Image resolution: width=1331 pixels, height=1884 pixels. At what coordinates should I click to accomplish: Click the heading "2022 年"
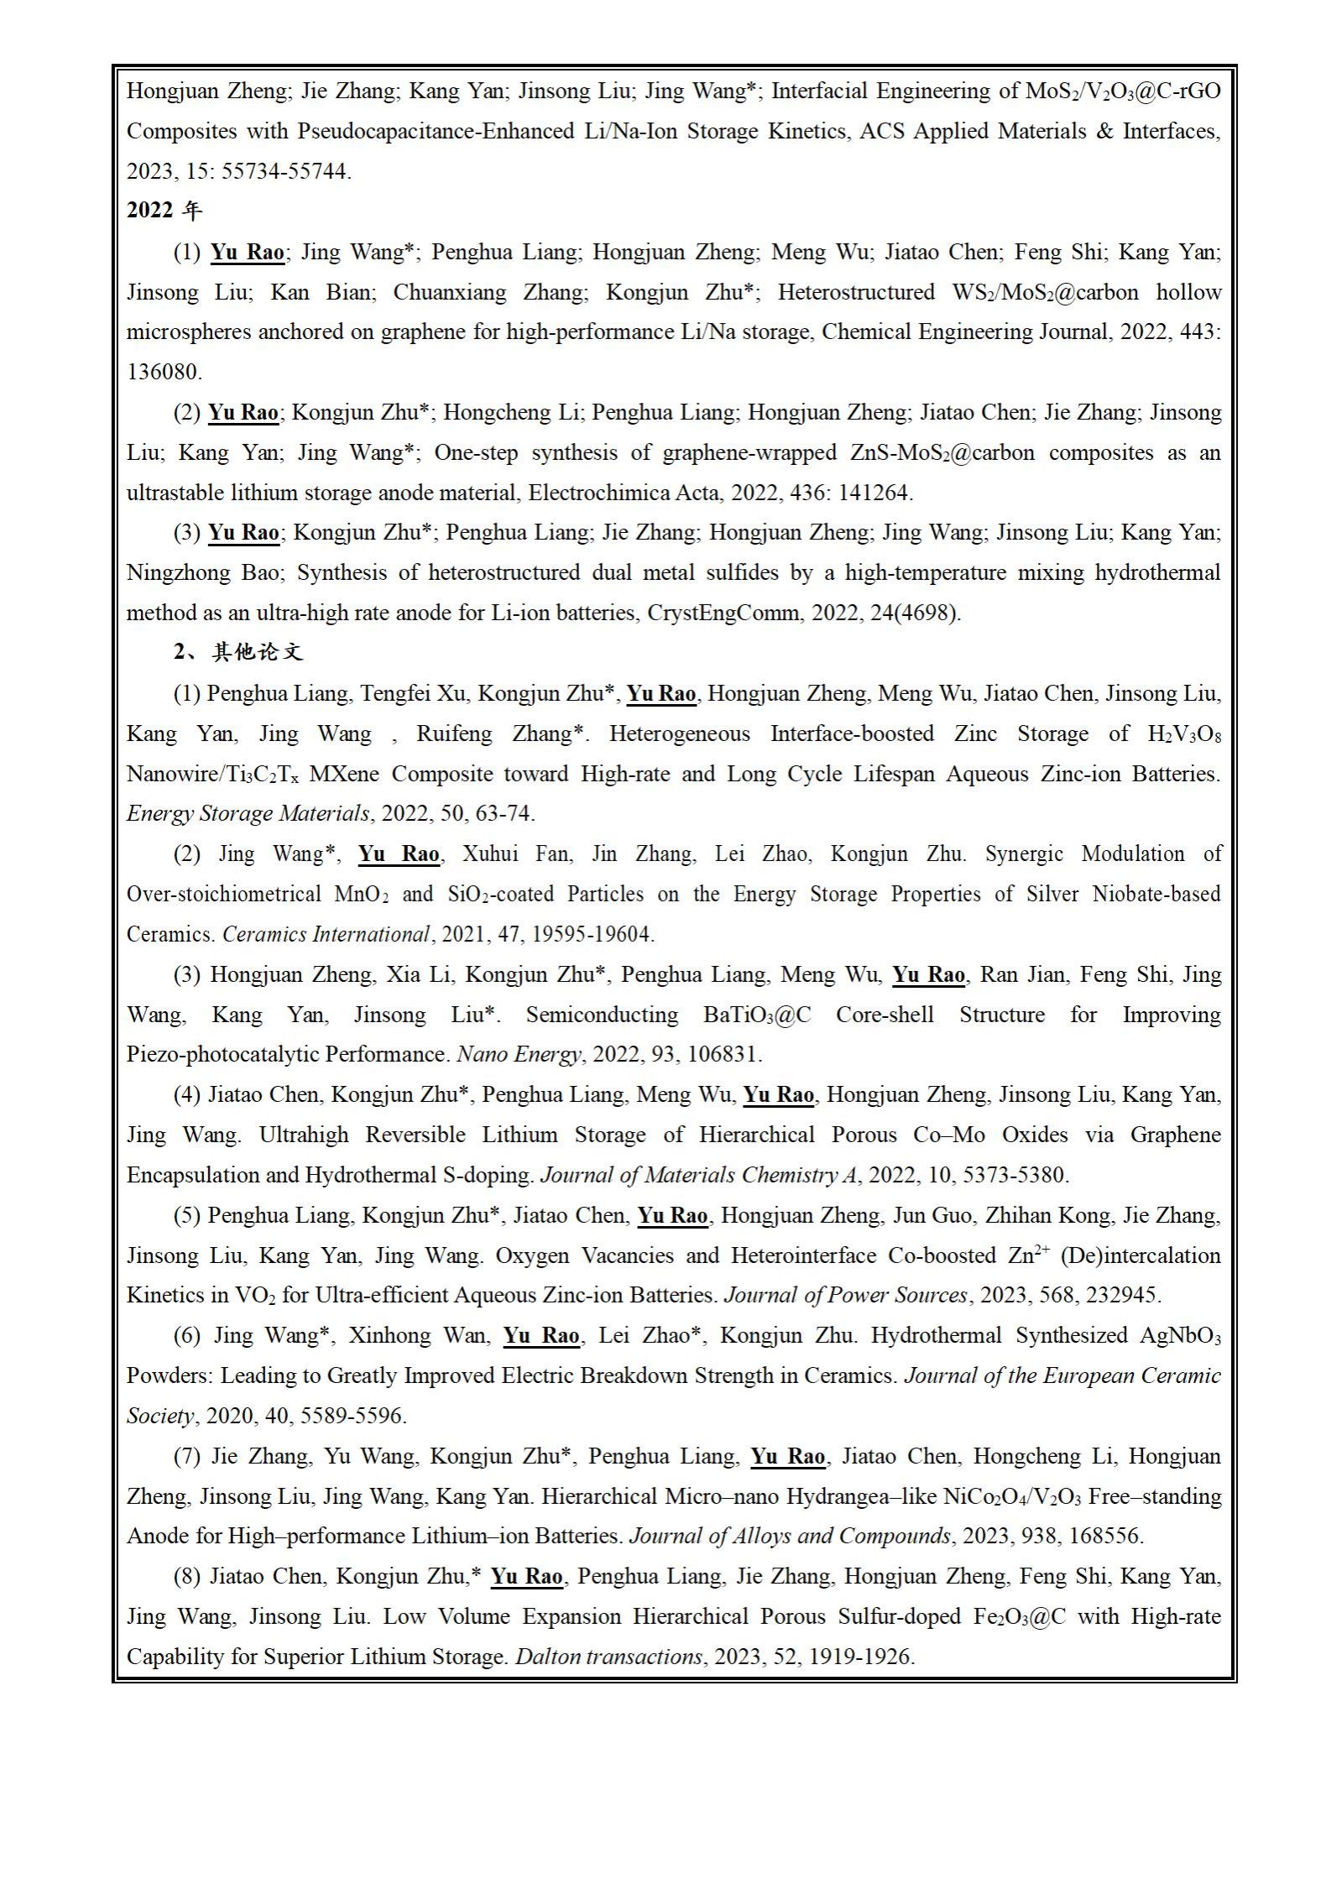point(164,211)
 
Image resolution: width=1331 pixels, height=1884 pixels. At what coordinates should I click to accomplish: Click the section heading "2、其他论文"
point(238,652)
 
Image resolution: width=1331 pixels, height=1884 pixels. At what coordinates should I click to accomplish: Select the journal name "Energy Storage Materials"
point(248,813)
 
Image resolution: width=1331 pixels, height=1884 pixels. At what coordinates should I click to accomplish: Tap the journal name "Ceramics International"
point(326,934)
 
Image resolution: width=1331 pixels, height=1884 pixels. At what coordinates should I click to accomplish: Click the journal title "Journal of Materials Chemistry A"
point(699,1175)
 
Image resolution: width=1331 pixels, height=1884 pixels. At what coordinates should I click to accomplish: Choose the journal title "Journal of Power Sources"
point(845,1295)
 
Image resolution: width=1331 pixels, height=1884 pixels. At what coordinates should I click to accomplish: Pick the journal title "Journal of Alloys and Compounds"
point(790,1537)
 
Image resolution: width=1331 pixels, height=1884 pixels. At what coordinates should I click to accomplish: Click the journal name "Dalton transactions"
point(608,1657)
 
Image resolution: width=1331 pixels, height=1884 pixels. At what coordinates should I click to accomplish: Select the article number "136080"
point(163,372)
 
